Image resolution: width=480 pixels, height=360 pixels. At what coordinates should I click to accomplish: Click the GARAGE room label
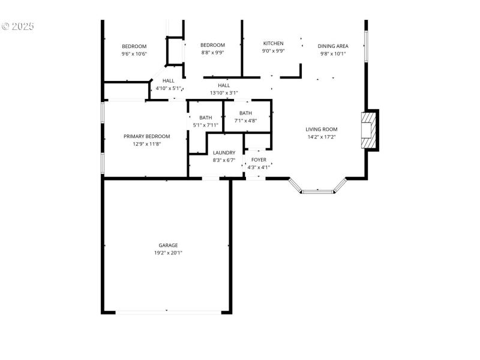point(168,245)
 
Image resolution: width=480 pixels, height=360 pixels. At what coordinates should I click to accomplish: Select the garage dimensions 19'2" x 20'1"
point(168,253)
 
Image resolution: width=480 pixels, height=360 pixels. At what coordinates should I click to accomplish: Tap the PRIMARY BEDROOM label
point(147,136)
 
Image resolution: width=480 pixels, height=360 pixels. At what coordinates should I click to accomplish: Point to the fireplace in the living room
point(367,130)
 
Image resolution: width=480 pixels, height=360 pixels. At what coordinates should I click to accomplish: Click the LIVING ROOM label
point(322,129)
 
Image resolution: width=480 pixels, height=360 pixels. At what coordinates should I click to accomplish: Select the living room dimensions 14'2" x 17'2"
point(322,137)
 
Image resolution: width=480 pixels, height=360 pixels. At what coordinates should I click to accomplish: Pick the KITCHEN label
point(273,43)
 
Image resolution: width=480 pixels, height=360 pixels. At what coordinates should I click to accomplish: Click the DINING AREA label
point(333,46)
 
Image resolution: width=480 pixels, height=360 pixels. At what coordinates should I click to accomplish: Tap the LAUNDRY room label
point(224,152)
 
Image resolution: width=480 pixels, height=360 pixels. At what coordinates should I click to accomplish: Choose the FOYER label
point(259,160)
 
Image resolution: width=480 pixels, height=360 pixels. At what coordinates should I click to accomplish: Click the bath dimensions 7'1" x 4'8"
point(245,121)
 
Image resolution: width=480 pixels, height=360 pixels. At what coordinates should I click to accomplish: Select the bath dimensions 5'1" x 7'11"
point(206,125)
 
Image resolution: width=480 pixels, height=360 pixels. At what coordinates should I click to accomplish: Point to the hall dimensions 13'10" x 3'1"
point(224,93)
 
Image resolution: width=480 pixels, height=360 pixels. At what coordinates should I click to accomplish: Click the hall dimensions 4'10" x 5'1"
point(168,88)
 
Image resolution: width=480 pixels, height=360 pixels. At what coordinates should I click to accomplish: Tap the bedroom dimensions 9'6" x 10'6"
point(134,53)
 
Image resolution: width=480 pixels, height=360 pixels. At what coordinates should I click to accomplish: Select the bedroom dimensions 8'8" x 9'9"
point(212,52)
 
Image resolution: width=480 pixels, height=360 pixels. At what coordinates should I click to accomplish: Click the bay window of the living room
point(318,191)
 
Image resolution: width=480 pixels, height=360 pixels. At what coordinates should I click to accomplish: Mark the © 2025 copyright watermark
point(18,26)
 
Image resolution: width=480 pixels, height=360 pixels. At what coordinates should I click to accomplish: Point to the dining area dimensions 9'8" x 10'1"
point(333,53)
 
